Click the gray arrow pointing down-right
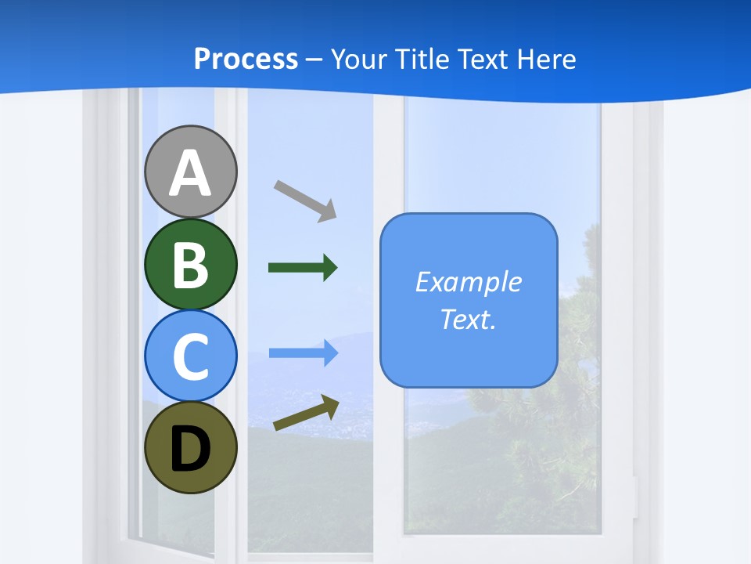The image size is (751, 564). [305, 201]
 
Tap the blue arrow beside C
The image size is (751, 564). [303, 353]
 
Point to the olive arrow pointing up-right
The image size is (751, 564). [306, 413]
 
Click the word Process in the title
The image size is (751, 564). [246, 60]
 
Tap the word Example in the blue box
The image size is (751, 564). [468, 282]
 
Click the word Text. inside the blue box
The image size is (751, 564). [468, 319]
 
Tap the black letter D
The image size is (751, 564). [191, 450]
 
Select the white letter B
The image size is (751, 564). [191, 265]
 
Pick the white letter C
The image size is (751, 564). [191, 356]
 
